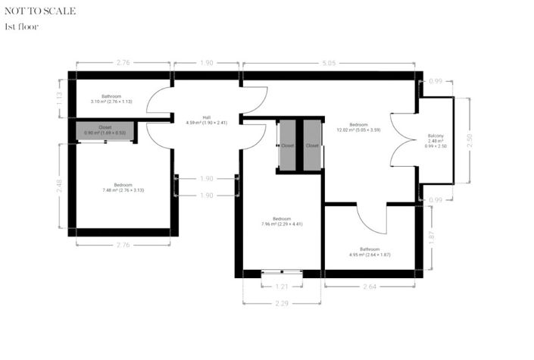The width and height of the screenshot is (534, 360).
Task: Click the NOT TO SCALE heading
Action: [40, 11]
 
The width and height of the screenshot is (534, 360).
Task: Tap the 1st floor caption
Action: [21, 27]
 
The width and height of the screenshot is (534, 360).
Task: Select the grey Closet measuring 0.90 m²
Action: [105, 130]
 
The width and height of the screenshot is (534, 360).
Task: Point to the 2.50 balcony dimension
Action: [470, 141]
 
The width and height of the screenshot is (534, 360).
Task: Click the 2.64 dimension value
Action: [370, 286]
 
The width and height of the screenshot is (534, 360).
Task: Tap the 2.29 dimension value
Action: [282, 303]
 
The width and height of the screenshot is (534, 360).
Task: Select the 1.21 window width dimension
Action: [282, 286]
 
